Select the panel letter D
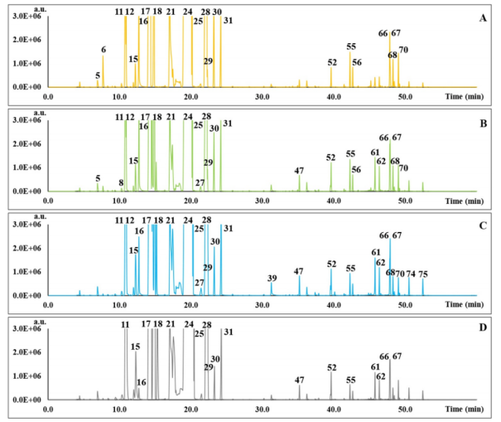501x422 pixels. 484,327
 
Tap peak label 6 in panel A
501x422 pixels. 104,50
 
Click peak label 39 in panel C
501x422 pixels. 272,279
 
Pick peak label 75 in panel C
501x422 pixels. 423,274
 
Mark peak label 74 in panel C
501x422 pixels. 411,274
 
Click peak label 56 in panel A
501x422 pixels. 357,62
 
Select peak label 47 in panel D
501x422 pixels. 300,380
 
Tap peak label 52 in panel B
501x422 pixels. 331,158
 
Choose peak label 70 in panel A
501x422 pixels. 403,51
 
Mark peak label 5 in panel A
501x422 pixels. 98,75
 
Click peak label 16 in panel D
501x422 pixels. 141,382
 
